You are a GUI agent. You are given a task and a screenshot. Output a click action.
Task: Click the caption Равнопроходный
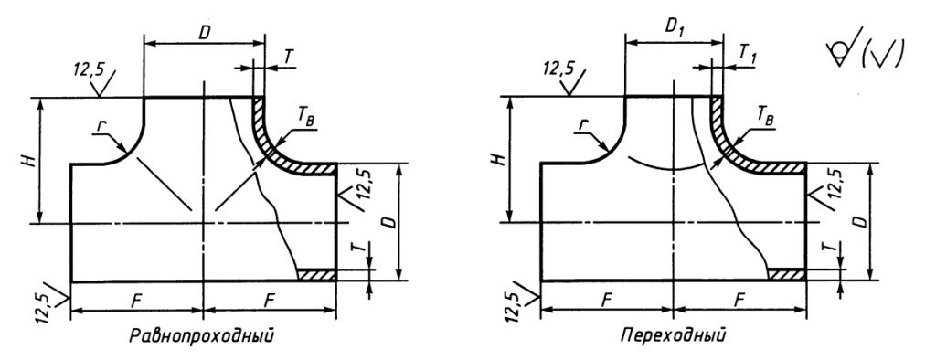(202, 335)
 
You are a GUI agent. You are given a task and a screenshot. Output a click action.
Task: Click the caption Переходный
(674, 334)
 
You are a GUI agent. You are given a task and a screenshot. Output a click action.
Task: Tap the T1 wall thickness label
(749, 52)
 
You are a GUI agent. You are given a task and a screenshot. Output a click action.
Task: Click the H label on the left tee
(33, 160)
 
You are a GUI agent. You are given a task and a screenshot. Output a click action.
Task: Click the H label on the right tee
(502, 159)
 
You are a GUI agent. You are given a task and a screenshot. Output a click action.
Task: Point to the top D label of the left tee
(204, 33)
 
